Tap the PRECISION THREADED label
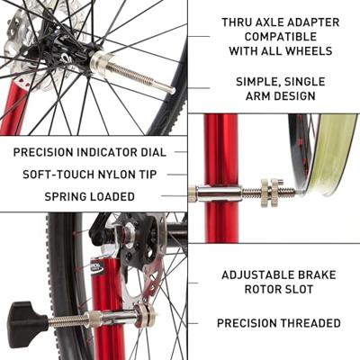coord(279,322)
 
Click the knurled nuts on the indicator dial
coord(268,190)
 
